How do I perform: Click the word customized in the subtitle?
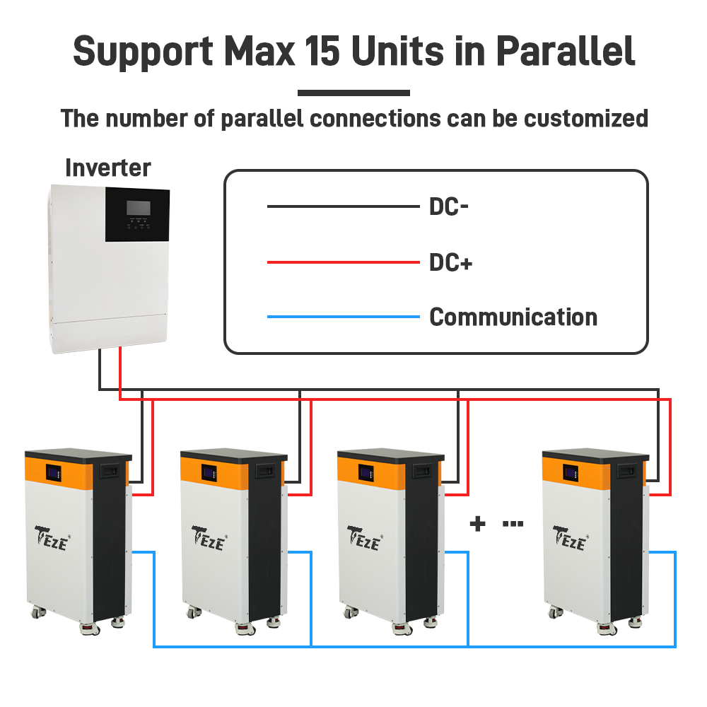586,118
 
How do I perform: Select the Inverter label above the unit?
107,168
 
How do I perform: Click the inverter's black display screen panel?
137,214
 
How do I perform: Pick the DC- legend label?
450,207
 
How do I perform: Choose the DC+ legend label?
451,263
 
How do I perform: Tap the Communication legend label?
513,317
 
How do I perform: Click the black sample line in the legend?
343,207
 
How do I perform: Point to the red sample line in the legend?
343,263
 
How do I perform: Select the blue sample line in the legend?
343,317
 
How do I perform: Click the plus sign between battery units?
479,525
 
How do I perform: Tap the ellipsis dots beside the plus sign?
513,525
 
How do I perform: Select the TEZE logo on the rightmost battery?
569,539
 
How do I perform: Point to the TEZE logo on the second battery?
208,539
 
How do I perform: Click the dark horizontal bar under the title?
353,93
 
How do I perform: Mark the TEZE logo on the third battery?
364,539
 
